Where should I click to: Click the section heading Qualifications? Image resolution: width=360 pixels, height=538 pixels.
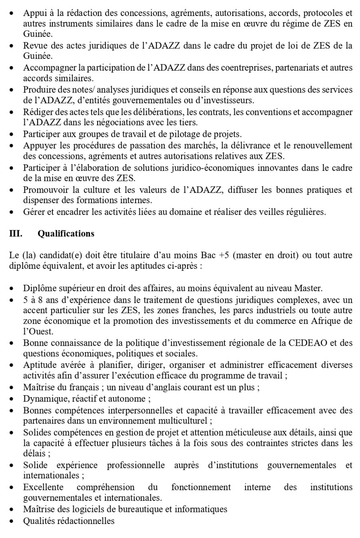tap(66, 234)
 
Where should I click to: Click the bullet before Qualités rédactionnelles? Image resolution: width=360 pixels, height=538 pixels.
tap(12, 521)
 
